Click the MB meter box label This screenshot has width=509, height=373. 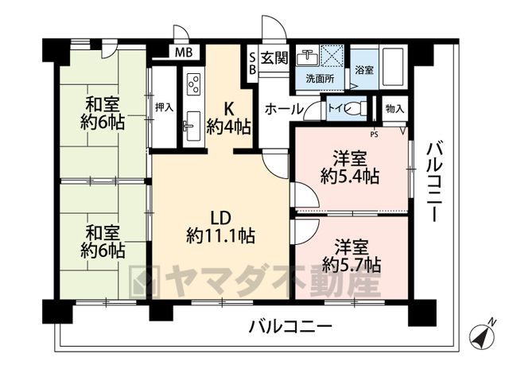(x=184, y=52)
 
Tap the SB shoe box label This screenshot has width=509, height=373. (x=252, y=64)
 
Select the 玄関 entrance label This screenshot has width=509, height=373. (x=274, y=58)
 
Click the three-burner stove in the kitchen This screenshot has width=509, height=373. (x=194, y=84)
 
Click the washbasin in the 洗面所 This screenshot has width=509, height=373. (x=308, y=58)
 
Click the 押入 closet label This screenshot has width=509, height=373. (x=165, y=107)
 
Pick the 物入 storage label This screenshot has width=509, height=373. (x=394, y=108)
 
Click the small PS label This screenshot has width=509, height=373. (x=375, y=134)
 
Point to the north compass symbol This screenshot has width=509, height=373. (x=483, y=336)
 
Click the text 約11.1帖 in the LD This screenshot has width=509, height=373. (x=221, y=236)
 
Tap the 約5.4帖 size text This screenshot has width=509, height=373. (x=350, y=177)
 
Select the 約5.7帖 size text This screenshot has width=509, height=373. (x=352, y=265)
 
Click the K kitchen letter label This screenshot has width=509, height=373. (x=229, y=109)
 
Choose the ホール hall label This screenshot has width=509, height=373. (x=284, y=110)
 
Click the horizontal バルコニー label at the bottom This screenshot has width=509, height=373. (x=290, y=326)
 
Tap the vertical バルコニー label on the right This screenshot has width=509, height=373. (x=434, y=182)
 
